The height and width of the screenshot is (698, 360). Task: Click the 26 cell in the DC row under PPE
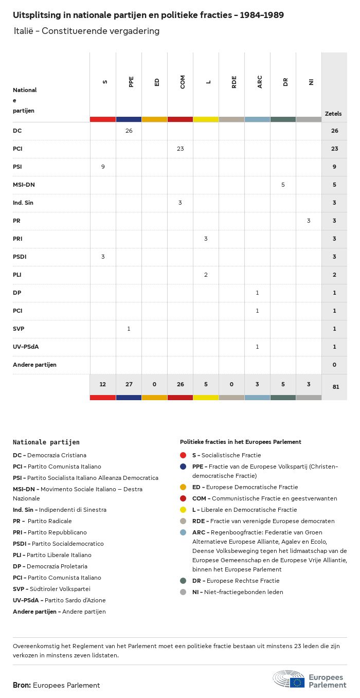click(x=129, y=131)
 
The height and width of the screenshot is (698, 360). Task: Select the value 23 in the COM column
click(x=180, y=149)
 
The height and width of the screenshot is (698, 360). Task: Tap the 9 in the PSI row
click(x=103, y=167)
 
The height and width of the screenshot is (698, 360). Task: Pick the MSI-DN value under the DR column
click(x=283, y=185)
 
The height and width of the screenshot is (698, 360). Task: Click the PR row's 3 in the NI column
click(x=309, y=221)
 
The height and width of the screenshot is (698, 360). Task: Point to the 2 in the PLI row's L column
click(x=206, y=275)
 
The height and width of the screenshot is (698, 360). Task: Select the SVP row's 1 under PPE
click(x=129, y=329)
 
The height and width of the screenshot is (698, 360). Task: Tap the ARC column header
click(x=260, y=82)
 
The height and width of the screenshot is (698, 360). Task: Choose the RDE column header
click(x=234, y=82)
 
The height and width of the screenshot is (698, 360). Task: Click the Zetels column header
click(x=333, y=114)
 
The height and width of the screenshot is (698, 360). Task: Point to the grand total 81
click(x=335, y=386)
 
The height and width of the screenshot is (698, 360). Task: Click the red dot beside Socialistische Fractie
click(x=183, y=455)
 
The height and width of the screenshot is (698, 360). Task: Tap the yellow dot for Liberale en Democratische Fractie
click(x=183, y=510)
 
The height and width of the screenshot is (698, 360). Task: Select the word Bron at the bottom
click(x=22, y=685)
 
